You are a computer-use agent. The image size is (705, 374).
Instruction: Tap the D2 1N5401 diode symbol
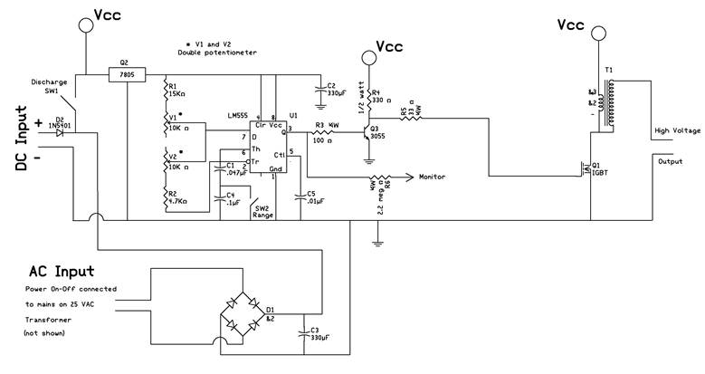62,132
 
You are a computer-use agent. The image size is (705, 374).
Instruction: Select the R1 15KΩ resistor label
176,91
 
